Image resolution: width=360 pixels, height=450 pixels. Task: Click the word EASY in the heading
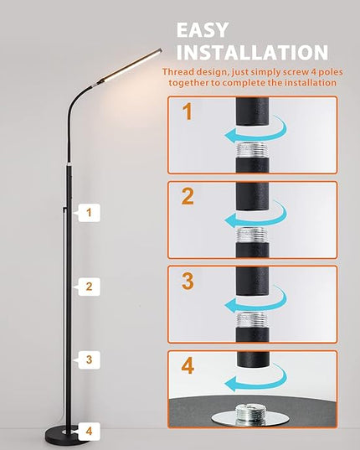[203, 30]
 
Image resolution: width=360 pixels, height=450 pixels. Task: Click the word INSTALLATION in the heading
[252, 52]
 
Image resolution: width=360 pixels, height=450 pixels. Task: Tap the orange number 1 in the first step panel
[188, 111]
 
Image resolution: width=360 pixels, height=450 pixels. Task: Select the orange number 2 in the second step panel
[188, 196]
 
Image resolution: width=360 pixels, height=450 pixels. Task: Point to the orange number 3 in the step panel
[188, 281]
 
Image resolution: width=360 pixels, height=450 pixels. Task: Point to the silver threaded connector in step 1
[252, 149]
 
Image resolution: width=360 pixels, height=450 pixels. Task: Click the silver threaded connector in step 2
[252, 235]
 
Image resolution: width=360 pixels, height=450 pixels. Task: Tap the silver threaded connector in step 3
[252, 320]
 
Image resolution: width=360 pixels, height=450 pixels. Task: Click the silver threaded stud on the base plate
[250, 414]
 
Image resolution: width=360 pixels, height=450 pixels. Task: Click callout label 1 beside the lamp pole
[88, 213]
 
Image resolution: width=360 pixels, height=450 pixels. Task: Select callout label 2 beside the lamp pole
[88, 287]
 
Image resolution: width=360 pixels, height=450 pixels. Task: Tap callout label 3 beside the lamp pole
[88, 359]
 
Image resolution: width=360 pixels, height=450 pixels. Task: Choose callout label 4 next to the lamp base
[88, 431]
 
